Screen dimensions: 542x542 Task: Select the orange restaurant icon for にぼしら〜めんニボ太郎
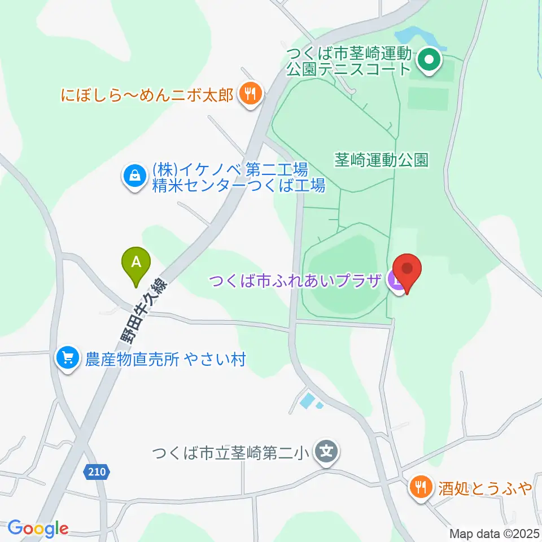pyautogui.click(x=250, y=93)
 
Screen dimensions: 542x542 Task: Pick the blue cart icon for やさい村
pyautogui.click(x=68, y=359)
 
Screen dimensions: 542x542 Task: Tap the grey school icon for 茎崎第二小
pyautogui.click(x=326, y=453)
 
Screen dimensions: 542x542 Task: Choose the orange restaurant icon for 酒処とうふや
pyautogui.click(x=421, y=486)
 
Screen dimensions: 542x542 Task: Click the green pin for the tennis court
pyautogui.click(x=429, y=59)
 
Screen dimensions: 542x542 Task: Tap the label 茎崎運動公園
pyautogui.click(x=381, y=160)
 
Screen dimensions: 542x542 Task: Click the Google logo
pyautogui.click(x=38, y=528)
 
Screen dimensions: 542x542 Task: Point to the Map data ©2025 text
pyautogui.click(x=495, y=533)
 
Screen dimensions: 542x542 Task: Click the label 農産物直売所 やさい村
pyautogui.click(x=165, y=359)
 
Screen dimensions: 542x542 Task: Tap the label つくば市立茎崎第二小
pyautogui.click(x=233, y=453)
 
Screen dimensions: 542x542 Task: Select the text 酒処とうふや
pyautogui.click(x=486, y=487)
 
